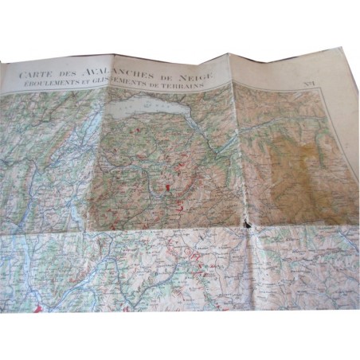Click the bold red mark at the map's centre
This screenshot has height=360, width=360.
[x=169, y=187]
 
